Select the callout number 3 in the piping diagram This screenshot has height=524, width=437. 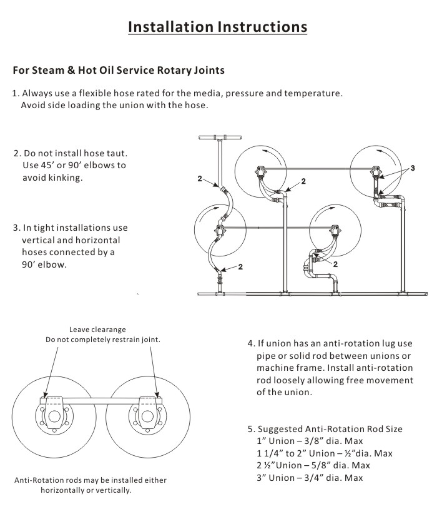(412, 169)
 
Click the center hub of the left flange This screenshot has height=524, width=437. (54, 416)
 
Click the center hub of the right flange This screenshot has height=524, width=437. (148, 416)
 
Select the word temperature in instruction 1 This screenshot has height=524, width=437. (314, 94)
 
